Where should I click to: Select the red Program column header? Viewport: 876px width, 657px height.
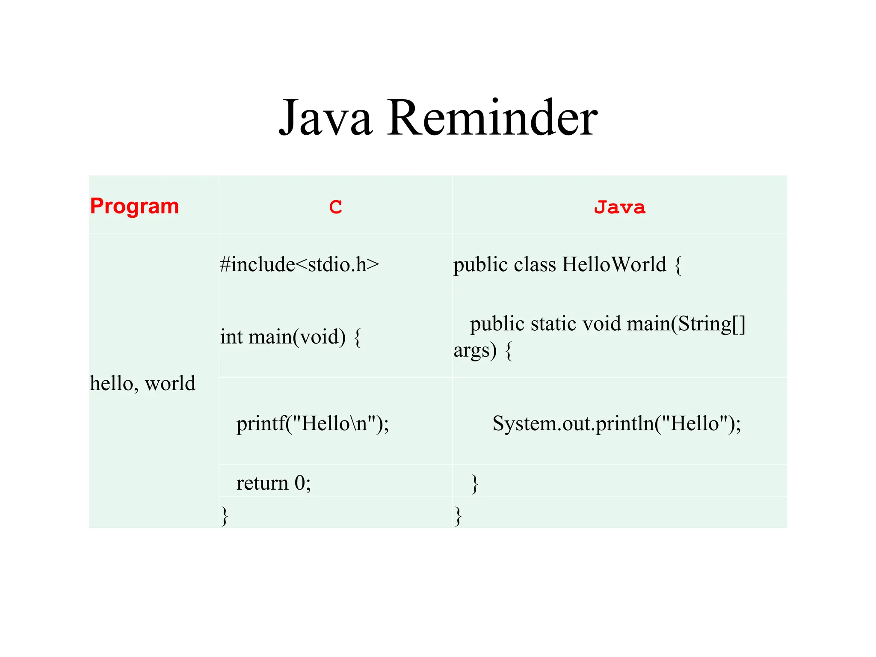point(134,206)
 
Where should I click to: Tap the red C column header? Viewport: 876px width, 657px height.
point(336,207)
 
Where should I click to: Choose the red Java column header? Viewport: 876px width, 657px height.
point(619,207)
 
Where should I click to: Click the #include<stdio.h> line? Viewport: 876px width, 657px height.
point(299,264)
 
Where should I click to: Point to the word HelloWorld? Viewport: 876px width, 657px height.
point(614,264)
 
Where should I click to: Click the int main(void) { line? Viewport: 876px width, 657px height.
point(291,337)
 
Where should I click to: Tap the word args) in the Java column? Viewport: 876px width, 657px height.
point(475,350)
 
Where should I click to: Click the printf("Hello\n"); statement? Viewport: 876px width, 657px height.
point(313,423)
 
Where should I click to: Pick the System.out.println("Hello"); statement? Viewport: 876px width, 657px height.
point(616,423)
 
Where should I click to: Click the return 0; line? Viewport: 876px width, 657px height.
point(274,483)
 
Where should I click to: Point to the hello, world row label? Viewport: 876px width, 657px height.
point(142,383)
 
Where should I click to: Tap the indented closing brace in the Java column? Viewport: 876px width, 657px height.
point(474,484)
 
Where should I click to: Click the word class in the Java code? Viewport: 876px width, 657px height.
point(535,264)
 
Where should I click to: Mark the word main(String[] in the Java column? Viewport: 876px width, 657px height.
point(686,324)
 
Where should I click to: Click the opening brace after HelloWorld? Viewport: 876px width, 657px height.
point(678,265)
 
